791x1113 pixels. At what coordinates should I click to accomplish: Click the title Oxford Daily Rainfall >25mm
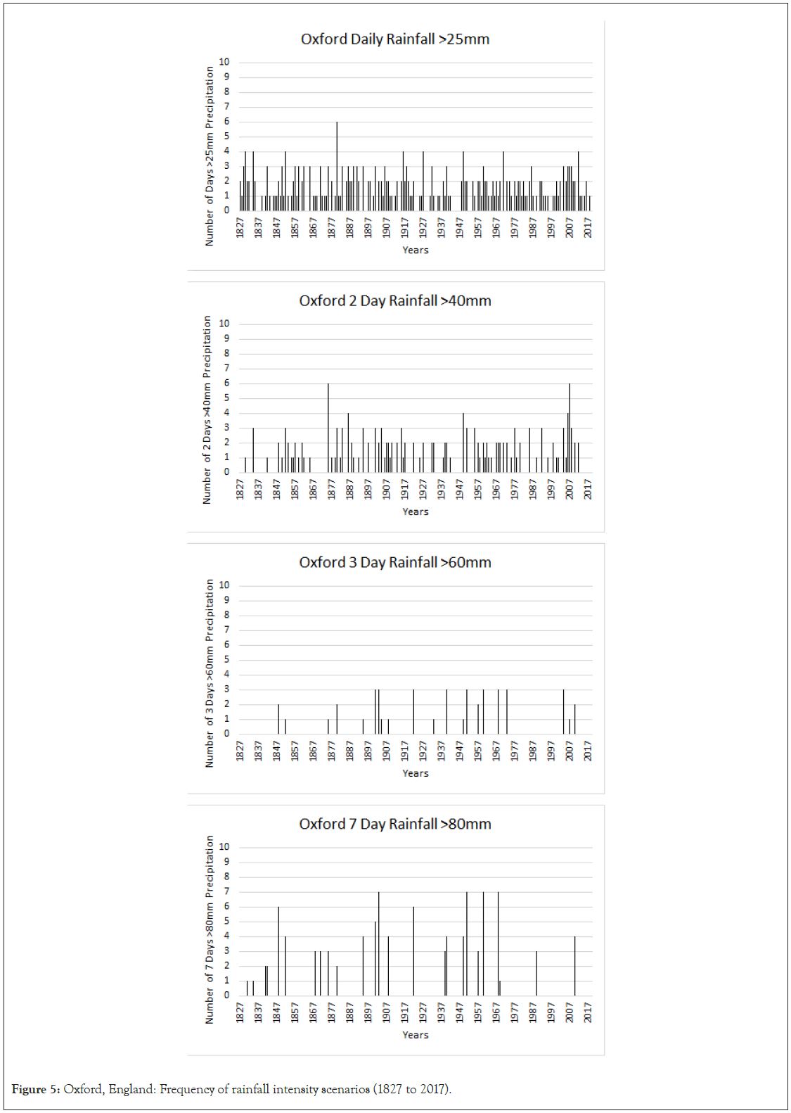(394, 39)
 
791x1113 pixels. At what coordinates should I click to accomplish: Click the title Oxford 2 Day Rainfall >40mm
(394, 301)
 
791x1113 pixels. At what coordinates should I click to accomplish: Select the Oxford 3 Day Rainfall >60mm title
(394, 563)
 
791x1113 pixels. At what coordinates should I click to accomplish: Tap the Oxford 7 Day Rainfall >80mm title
(394, 825)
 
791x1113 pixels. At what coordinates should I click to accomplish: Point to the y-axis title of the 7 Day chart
(210, 929)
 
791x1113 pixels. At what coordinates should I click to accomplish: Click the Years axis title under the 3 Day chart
(415, 773)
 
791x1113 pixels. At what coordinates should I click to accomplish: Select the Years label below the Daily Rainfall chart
(415, 250)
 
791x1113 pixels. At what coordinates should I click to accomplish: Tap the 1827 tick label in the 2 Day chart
(240, 489)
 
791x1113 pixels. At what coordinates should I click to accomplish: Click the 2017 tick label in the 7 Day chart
(588, 1012)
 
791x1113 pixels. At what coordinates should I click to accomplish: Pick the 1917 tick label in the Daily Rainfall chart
(405, 227)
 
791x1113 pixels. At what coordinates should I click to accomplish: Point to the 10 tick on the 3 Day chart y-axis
(224, 585)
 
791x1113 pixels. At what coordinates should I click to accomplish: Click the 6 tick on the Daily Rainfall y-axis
(226, 122)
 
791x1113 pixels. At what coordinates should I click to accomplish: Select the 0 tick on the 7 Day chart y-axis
(226, 995)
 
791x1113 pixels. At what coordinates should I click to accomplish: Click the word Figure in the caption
(29, 1089)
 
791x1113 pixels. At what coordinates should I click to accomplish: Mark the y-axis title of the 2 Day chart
(207, 409)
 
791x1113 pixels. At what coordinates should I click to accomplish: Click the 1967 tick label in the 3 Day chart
(496, 751)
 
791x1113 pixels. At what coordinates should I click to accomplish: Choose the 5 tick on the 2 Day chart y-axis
(226, 398)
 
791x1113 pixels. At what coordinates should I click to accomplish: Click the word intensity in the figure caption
(295, 1089)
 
